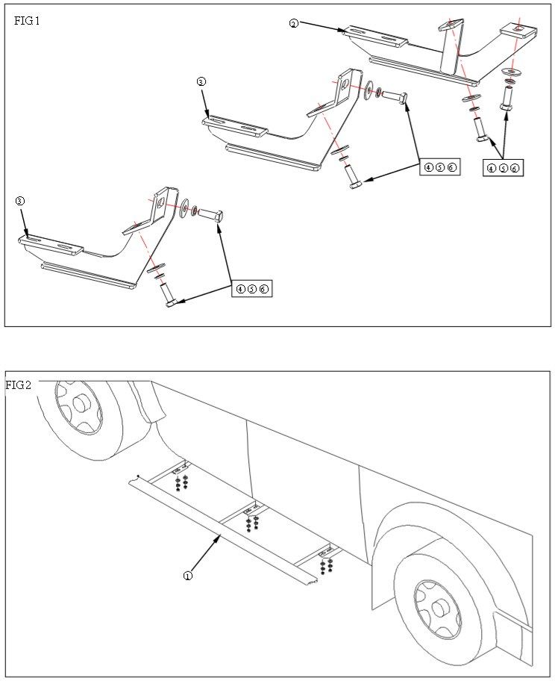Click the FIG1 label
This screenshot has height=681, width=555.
[x=27, y=21]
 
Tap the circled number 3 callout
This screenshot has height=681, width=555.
[x=20, y=201]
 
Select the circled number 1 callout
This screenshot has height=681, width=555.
[x=188, y=576]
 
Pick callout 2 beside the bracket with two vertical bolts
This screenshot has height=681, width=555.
[x=294, y=24]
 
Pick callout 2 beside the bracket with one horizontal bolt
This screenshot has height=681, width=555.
[x=201, y=81]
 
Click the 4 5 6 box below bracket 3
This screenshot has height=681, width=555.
[x=252, y=288]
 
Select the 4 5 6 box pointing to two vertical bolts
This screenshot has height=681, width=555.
[x=503, y=169]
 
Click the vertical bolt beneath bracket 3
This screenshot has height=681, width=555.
[x=169, y=294]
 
